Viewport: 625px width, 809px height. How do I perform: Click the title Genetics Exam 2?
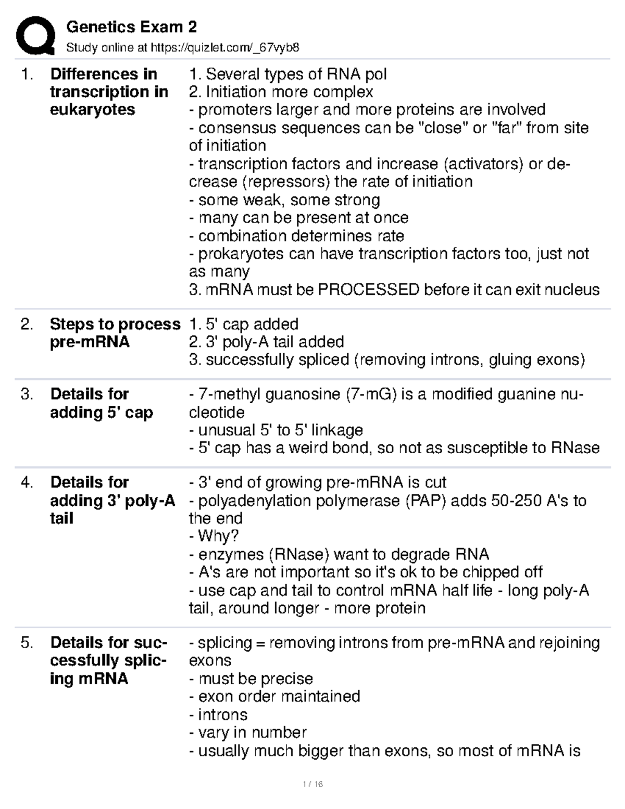pyautogui.click(x=131, y=27)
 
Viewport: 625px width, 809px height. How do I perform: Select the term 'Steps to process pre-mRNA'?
pyautogui.click(x=115, y=333)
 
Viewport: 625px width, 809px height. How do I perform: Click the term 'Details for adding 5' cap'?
pyautogui.click(x=101, y=403)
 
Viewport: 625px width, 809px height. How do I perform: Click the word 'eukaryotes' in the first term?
pyautogui.click(x=92, y=109)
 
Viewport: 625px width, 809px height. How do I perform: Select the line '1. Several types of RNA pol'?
pyautogui.click(x=287, y=74)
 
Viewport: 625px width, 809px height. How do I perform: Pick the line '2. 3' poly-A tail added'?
pyautogui.click(x=266, y=342)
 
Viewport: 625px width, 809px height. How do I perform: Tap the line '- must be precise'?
pyautogui.click(x=251, y=679)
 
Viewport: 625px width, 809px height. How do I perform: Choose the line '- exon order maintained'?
pyautogui.click(x=274, y=696)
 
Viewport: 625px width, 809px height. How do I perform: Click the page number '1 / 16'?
pyautogui.click(x=312, y=784)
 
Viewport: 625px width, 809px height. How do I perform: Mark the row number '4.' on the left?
pyautogui.click(x=27, y=482)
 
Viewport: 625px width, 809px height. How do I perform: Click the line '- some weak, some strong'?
pyautogui.click(x=284, y=200)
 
